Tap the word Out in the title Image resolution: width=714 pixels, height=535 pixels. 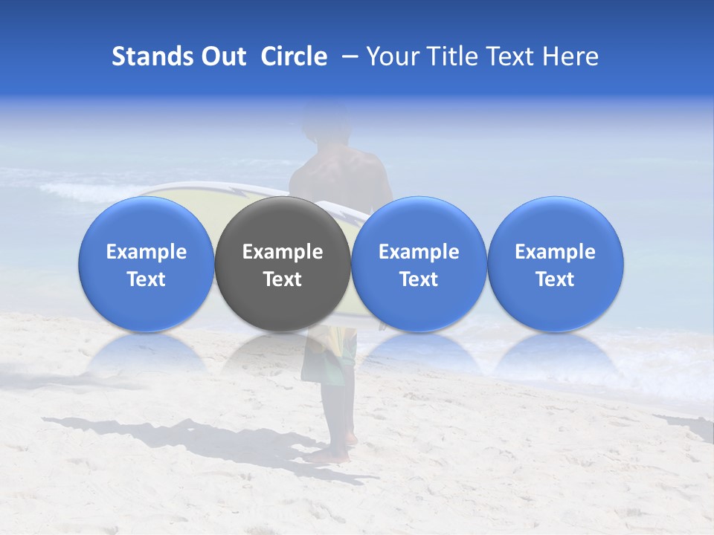pos(222,56)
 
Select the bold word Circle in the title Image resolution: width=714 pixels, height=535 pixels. pos(294,56)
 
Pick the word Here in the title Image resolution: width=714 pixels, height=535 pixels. pos(570,56)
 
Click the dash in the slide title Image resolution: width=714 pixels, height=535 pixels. pos(347,57)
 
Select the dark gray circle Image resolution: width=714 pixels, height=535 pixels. pos(283,264)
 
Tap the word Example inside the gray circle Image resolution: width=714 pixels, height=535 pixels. pos(283,252)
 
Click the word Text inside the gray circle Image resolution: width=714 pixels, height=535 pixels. pos(283,279)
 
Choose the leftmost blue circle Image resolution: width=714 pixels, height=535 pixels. pos(147,264)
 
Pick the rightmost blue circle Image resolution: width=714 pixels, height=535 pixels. pos(556,264)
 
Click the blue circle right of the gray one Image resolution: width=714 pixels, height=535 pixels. pos(419,264)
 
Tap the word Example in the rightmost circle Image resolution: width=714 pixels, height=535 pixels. pos(556,252)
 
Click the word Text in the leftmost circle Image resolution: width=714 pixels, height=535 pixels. pos(147,279)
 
